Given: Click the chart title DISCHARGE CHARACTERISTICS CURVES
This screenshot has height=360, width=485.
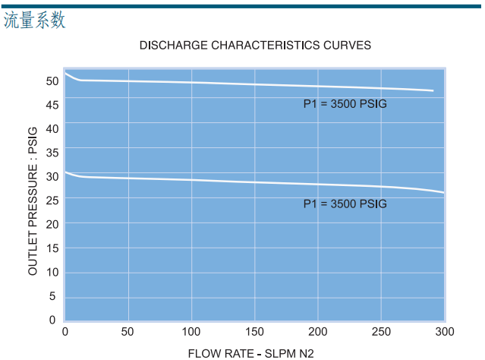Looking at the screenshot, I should [x=255, y=46].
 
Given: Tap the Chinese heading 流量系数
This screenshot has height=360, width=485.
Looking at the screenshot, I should [x=34, y=21].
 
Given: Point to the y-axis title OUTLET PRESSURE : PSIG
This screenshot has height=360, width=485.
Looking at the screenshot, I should [x=33, y=202].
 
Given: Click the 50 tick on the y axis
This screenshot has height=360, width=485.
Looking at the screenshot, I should [x=52, y=81].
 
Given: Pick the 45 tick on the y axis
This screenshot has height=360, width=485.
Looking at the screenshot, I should [x=52, y=104].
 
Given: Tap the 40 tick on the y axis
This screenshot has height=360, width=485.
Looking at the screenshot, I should [x=52, y=128].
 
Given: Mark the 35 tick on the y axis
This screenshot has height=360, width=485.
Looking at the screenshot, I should [x=52, y=153].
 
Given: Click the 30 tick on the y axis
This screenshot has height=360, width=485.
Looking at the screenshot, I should [x=52, y=176].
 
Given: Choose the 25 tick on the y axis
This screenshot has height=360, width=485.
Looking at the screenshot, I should [x=52, y=200].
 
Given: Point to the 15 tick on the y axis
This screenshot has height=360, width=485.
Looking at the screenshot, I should [x=52, y=248].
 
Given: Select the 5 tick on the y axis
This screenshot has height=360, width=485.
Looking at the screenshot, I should [x=53, y=296].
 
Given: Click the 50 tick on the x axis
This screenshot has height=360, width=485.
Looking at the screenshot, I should [x=128, y=331].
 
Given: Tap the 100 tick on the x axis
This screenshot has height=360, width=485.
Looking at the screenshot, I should [x=191, y=331].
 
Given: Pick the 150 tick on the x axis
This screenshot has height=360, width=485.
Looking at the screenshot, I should [x=254, y=331].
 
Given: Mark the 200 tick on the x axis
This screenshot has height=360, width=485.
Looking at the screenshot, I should [x=318, y=331].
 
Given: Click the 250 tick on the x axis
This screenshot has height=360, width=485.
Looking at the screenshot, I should [x=381, y=331].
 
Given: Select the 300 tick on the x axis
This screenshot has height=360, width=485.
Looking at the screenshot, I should [x=444, y=331].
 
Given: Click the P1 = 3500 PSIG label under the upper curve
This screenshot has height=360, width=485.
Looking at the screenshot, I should [x=345, y=104].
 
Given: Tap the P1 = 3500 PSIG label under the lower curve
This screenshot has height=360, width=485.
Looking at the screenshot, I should [x=345, y=204].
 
